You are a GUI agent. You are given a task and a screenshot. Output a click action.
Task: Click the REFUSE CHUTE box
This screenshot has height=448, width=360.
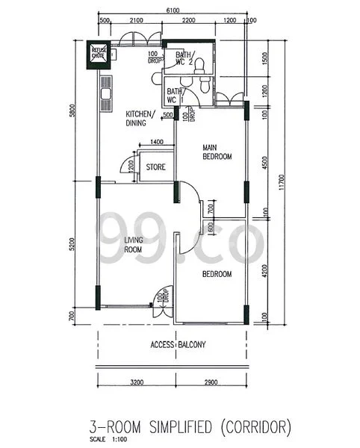click(x=99, y=53)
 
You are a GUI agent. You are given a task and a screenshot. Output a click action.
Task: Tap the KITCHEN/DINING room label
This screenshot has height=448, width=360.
click(x=140, y=118)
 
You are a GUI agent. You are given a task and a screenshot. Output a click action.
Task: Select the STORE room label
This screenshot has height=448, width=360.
click(x=155, y=167)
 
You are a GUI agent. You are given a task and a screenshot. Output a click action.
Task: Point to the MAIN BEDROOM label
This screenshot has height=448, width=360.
click(x=217, y=152)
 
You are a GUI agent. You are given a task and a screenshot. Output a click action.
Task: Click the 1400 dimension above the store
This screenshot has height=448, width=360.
click(x=157, y=142)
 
